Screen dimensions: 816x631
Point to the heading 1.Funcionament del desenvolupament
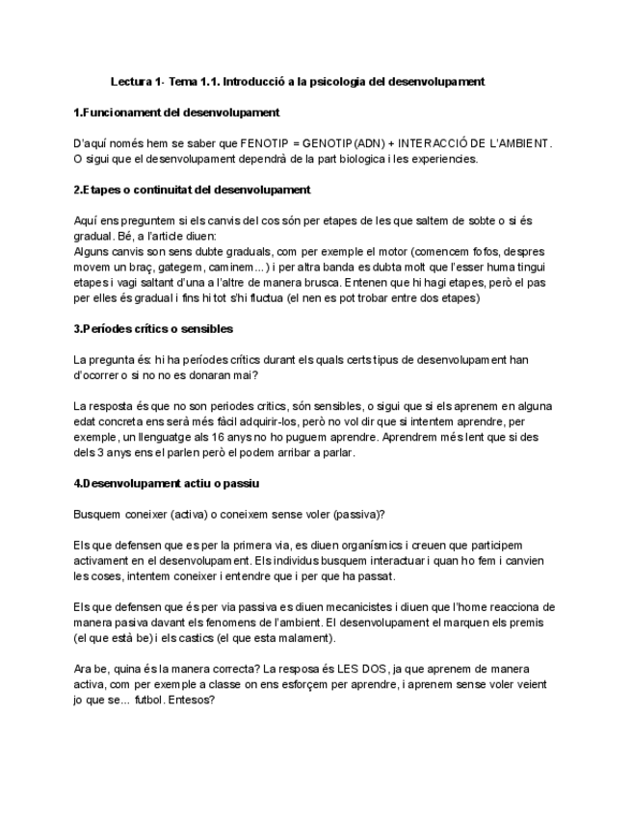click(x=176, y=113)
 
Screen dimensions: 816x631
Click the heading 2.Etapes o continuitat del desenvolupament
click(x=192, y=190)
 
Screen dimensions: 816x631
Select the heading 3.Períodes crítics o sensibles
click(x=153, y=328)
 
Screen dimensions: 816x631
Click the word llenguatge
click(x=158, y=436)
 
